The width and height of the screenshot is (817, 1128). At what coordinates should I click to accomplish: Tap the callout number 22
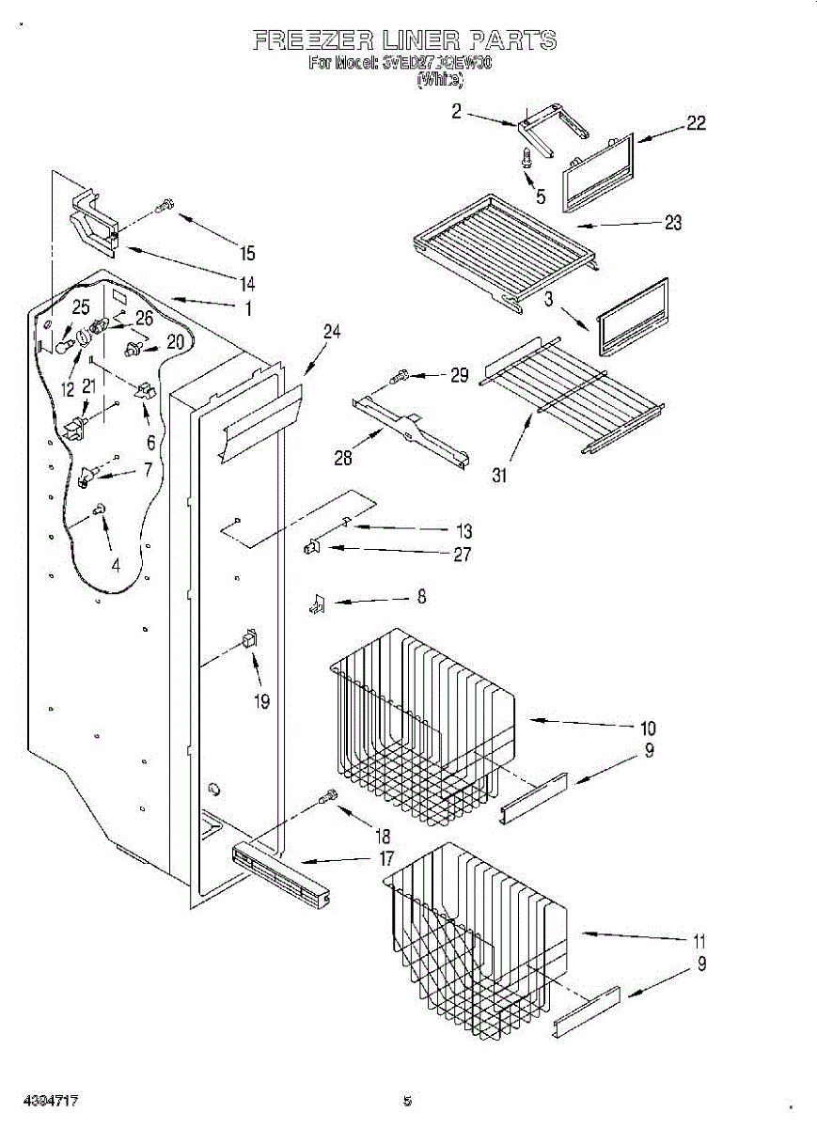click(696, 122)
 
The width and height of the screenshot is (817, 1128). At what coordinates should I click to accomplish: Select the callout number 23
click(672, 223)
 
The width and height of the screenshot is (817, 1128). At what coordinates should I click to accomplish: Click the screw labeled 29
click(400, 377)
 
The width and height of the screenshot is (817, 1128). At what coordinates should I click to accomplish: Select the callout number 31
click(499, 476)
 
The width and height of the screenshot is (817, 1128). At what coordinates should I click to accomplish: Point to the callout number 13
click(464, 531)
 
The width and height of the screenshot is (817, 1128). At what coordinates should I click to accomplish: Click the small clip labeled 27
click(309, 547)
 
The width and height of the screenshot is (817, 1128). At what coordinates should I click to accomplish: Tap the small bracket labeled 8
click(316, 606)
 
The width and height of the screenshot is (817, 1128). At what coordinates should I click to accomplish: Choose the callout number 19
click(261, 700)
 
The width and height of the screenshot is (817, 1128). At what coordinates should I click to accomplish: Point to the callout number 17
click(386, 858)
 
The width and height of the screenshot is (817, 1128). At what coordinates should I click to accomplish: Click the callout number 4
click(116, 566)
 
